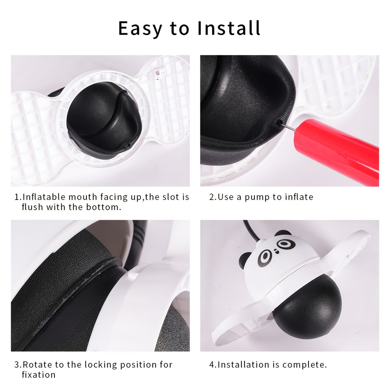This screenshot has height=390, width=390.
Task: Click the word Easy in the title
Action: (x=140, y=28)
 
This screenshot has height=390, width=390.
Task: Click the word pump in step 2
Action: (x=257, y=198)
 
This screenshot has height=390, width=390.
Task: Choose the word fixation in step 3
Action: (x=38, y=375)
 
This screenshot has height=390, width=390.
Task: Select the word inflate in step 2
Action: (x=299, y=197)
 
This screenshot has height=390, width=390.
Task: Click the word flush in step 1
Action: (x=33, y=207)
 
